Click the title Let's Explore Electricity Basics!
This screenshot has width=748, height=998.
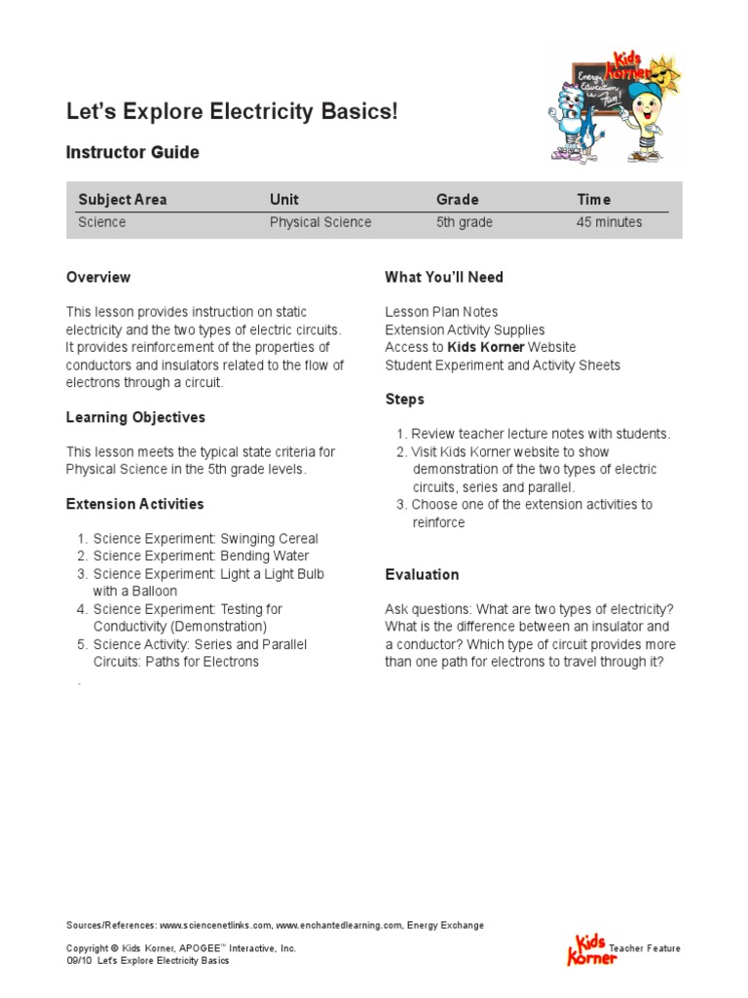coord(232,112)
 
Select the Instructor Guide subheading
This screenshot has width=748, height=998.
coord(132,153)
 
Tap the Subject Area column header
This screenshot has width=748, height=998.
coord(123,200)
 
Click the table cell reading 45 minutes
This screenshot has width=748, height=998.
coord(609,222)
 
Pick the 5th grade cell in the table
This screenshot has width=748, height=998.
coord(464,222)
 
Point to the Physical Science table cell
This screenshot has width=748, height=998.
coord(320,222)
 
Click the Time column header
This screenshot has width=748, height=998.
coord(593,200)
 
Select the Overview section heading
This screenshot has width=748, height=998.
coord(98,278)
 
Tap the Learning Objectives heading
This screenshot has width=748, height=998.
coord(135,418)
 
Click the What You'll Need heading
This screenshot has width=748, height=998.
coord(444,278)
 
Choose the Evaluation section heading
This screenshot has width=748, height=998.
coord(422,575)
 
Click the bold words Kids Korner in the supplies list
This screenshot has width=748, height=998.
coord(485,348)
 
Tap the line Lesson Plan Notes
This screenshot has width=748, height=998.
coord(441,313)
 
